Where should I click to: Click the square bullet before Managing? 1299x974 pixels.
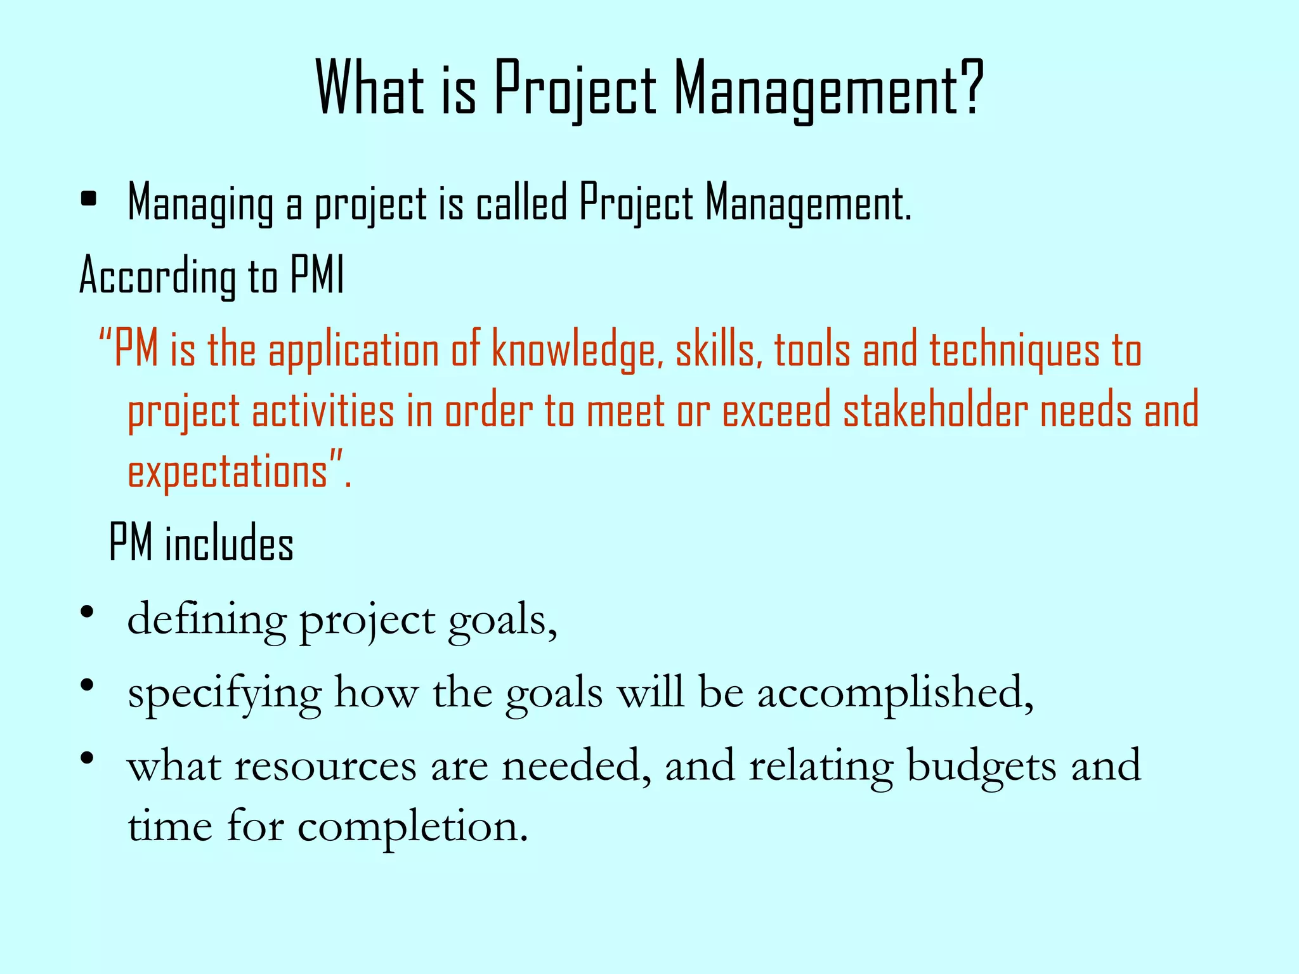(x=89, y=199)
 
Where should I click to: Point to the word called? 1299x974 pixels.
(x=521, y=203)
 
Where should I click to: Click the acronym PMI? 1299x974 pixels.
(x=317, y=275)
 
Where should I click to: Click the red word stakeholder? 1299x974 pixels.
(x=936, y=411)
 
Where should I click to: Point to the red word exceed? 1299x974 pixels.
(x=777, y=411)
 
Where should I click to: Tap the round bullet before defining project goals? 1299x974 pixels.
(x=88, y=613)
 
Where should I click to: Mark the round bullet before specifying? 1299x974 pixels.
(x=88, y=685)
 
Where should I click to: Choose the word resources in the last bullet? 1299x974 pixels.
(x=325, y=765)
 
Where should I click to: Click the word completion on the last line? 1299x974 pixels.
(x=412, y=826)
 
